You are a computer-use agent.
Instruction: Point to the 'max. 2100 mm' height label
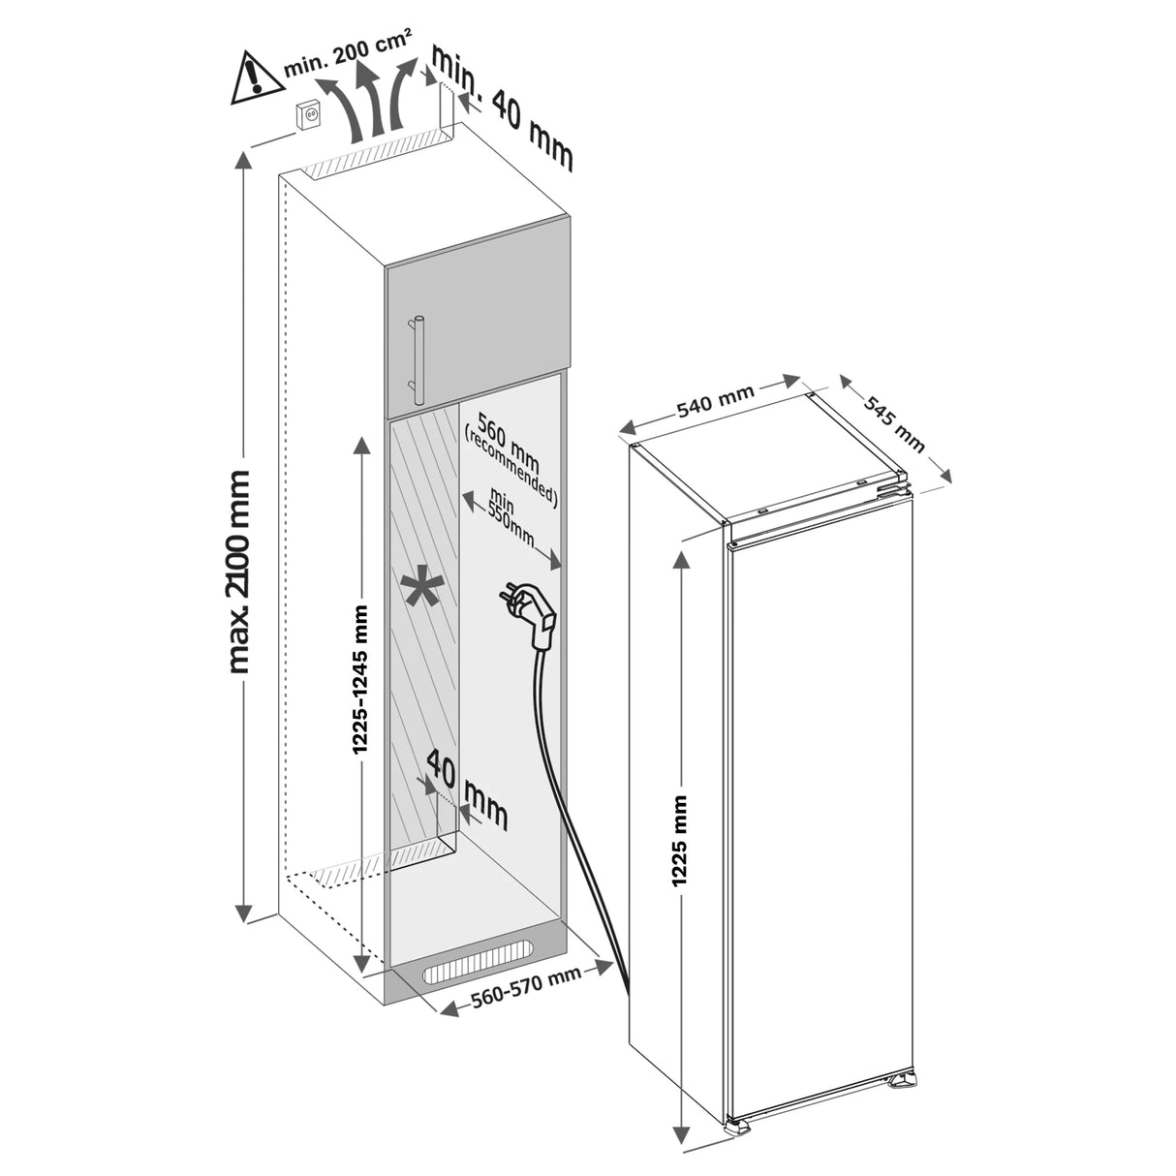pos(238,572)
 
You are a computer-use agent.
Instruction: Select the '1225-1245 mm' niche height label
pos(361,678)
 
